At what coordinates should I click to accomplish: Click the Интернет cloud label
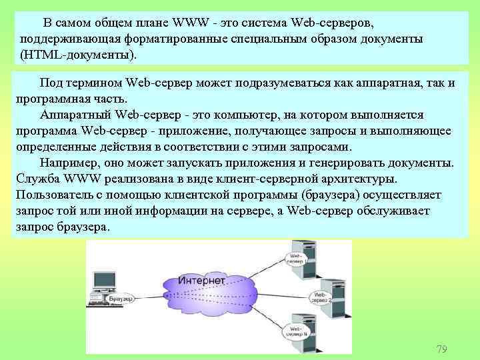pyautogui.click(x=202, y=281)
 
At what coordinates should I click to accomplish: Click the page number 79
pyautogui.click(x=441, y=349)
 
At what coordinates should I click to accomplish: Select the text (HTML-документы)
pyautogui.click(x=81, y=53)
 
